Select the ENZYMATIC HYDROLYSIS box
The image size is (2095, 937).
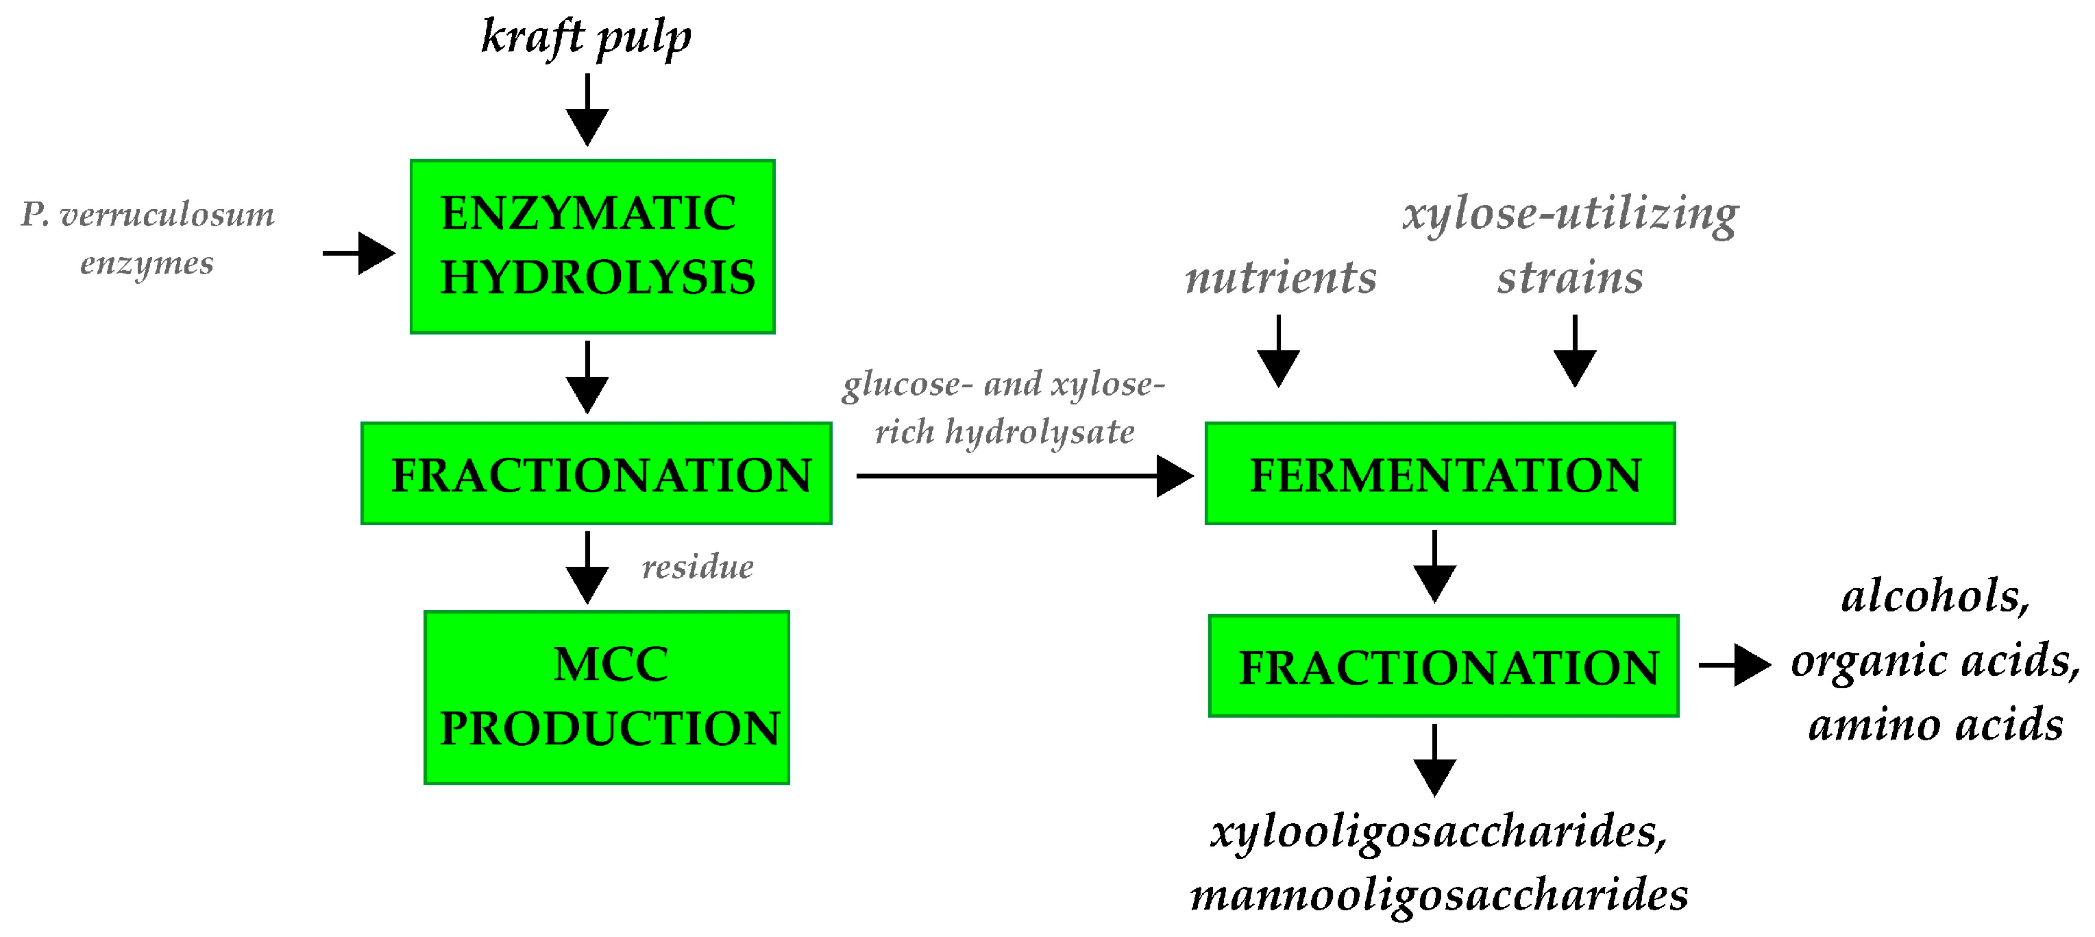[x=592, y=247]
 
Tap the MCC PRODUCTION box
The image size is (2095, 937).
[x=607, y=697]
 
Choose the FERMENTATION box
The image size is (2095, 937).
[x=1440, y=474]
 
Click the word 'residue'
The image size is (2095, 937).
[x=697, y=567]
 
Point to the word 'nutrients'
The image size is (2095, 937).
[x=1280, y=278]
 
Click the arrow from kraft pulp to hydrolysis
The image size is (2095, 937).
[x=587, y=110]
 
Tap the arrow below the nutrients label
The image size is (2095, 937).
[x=1279, y=352]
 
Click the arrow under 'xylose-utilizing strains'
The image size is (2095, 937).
[x=1574, y=352]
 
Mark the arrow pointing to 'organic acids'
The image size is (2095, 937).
[x=1734, y=666]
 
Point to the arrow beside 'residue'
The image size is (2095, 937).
[x=587, y=567]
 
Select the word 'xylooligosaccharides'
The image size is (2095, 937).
[x=1438, y=831]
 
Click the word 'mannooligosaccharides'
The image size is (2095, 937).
[x=1438, y=895]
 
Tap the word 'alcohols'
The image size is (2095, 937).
[x=1934, y=596]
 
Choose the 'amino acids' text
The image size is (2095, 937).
[x=1935, y=725]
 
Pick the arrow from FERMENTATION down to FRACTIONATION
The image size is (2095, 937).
[x=1434, y=567]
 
